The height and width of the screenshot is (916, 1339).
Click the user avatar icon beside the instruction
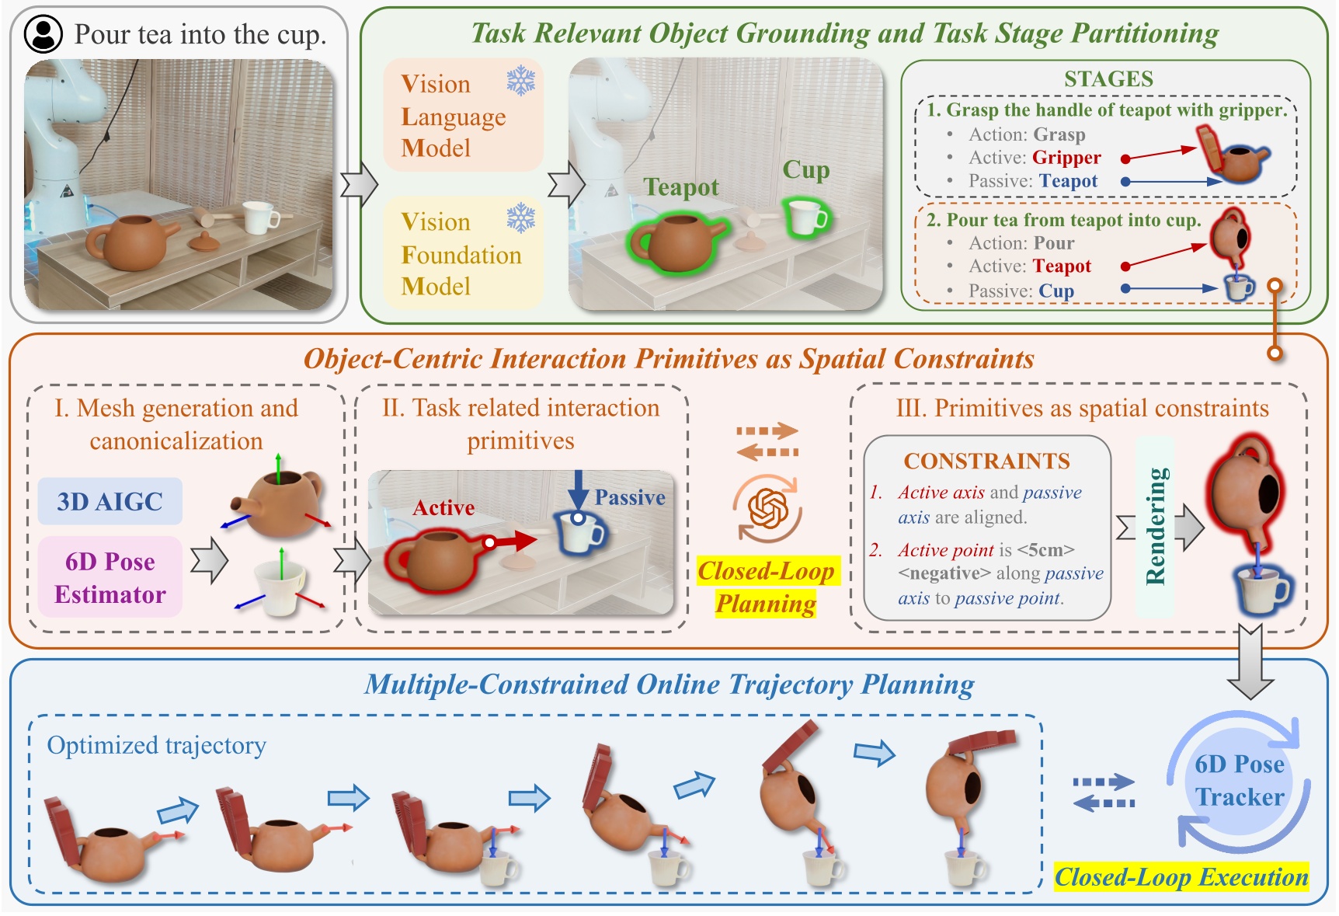click(43, 34)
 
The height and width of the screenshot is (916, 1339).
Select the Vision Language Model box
click(463, 116)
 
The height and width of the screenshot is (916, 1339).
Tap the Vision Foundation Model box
click(463, 254)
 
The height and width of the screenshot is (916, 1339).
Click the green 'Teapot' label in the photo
click(681, 187)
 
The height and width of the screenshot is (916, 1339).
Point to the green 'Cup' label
click(805, 169)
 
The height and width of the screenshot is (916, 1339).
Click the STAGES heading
click(1108, 79)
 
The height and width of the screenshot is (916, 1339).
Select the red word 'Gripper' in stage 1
click(1066, 158)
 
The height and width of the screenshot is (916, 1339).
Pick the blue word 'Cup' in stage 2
click(1056, 291)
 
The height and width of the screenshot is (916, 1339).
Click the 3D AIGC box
click(110, 501)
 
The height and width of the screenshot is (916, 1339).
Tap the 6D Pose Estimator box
click(110, 577)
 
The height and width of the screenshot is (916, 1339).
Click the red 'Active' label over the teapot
click(443, 508)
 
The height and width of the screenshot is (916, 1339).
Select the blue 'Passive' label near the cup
click(629, 498)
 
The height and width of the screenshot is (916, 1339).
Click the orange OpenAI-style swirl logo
click(767, 510)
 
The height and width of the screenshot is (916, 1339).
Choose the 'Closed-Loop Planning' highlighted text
click(766, 587)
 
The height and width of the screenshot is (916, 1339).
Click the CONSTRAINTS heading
click(986, 461)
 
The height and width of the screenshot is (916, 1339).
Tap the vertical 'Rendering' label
click(1155, 526)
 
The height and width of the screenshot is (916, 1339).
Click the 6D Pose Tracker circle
click(1239, 780)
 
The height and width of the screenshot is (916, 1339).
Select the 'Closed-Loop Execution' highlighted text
click(1181, 877)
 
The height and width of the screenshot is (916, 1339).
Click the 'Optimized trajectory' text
click(156, 745)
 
